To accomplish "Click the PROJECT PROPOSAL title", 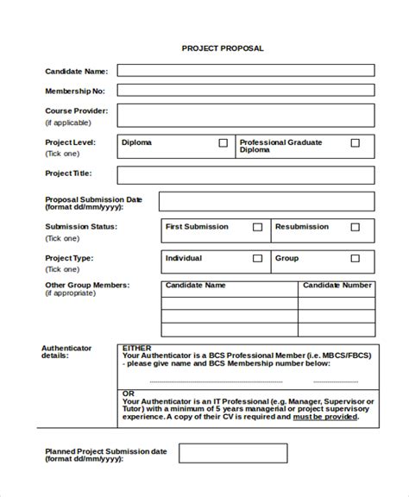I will [223, 48].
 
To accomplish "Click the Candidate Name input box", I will [246, 70].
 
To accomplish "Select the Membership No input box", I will [246, 90].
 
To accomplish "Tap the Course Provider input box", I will [246, 115].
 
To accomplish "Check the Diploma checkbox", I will [223, 143].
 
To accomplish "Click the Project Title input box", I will [246, 175].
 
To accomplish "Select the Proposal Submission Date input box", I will [267, 202].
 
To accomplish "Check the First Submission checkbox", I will [257, 228].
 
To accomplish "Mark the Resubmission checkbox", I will [356, 228].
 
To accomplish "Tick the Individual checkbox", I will [257, 258].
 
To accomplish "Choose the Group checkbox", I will [356, 258].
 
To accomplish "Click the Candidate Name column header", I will [195, 285].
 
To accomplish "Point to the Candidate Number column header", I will [337, 285].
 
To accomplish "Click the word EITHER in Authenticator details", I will [136, 348].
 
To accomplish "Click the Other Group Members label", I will [87, 284].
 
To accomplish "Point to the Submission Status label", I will [81, 227].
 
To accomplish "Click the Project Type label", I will [69, 257].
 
